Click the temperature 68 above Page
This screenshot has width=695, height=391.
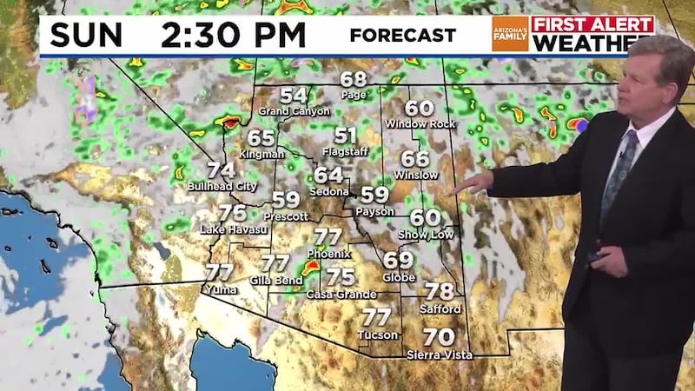pyautogui.click(x=354, y=79)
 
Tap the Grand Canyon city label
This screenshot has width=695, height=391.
pyautogui.click(x=294, y=111)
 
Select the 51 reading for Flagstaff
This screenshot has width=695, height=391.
pyautogui.click(x=346, y=136)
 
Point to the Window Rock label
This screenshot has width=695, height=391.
pyautogui.click(x=420, y=125)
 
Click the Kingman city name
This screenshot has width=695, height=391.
pyautogui.click(x=260, y=154)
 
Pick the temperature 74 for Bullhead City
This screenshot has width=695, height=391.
pyautogui.click(x=221, y=170)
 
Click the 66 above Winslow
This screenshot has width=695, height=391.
pyautogui.click(x=415, y=159)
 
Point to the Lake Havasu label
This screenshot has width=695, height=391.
pyautogui.click(x=231, y=229)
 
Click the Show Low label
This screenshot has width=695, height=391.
pyautogui.click(x=425, y=235)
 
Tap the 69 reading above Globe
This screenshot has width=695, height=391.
pyautogui.click(x=398, y=259)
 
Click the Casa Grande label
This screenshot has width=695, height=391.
pyautogui.click(x=341, y=295)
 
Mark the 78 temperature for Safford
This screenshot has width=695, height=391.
pyautogui.click(x=440, y=292)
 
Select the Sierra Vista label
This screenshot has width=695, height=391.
pyautogui.click(x=440, y=355)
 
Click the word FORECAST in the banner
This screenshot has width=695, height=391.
pyautogui.click(x=402, y=36)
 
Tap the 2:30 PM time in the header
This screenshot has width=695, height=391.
pyautogui.click(x=233, y=35)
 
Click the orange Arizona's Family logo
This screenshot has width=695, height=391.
pyautogui.click(x=509, y=34)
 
